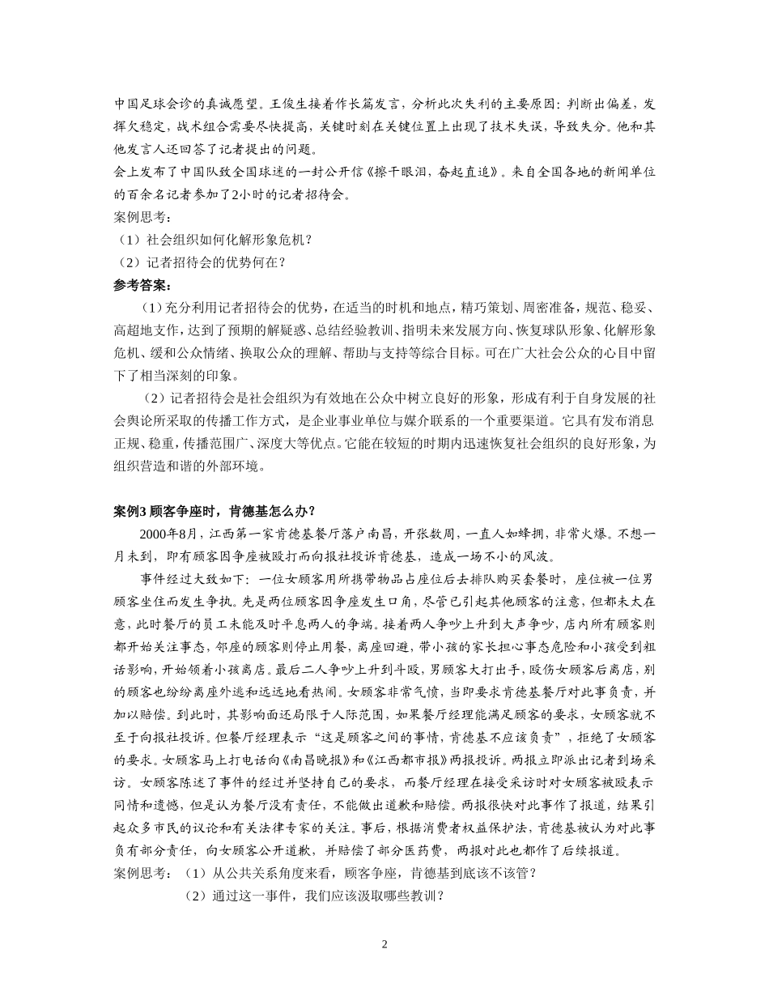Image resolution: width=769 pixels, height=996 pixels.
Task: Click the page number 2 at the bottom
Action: (x=384, y=944)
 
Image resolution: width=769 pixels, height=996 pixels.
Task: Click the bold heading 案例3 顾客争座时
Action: (x=214, y=511)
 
